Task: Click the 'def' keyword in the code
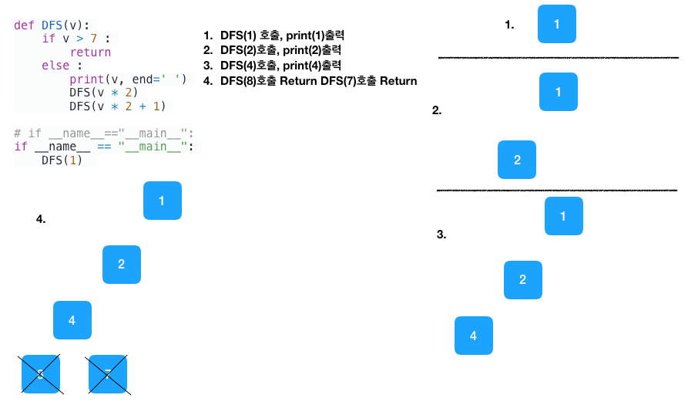[23, 25]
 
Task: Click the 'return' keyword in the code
[90, 52]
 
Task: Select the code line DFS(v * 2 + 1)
[117, 106]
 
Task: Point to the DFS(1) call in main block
[62, 160]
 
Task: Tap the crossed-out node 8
[41, 374]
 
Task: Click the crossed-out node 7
[108, 374]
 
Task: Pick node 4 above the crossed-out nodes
[72, 320]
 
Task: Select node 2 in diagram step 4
[122, 265]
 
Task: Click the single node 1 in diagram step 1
[558, 24]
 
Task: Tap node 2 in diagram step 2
[517, 160]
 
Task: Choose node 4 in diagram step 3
[473, 336]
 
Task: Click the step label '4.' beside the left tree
[41, 219]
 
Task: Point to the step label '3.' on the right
[441, 235]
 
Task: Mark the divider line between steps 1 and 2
[558, 58]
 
